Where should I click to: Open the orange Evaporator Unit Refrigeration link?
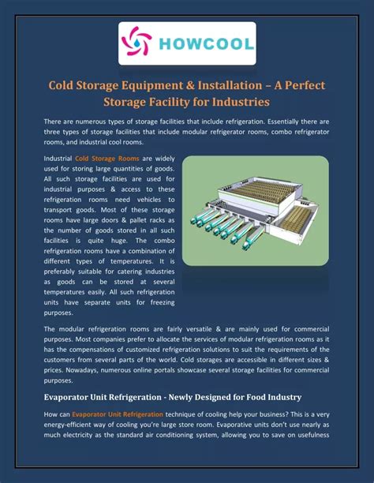point(118,414)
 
